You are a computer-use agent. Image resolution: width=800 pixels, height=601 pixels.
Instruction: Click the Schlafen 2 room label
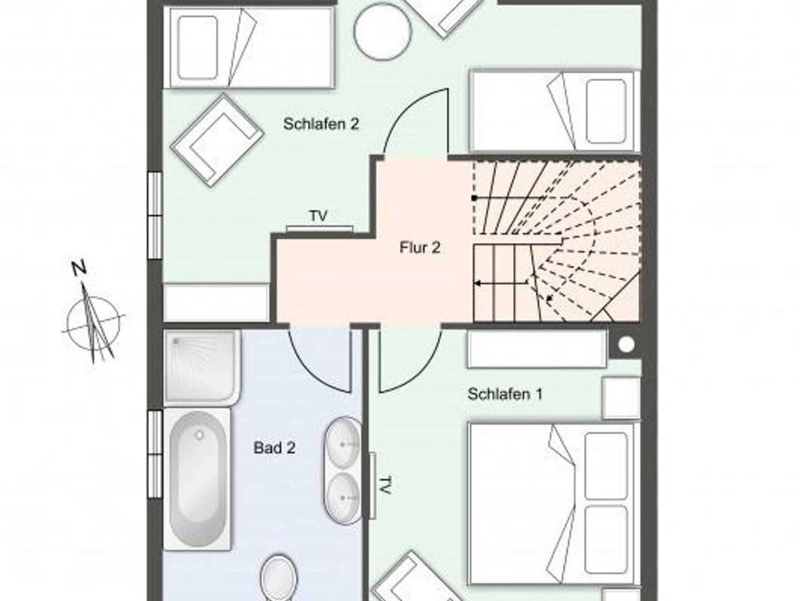pos(321,124)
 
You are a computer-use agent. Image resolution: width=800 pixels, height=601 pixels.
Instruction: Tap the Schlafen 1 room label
pos(505,394)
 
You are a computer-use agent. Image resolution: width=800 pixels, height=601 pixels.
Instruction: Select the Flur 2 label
pos(420,247)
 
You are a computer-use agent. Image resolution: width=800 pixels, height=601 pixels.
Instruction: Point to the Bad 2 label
pos(274,447)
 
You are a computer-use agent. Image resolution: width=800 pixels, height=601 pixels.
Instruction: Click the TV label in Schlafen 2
pos(318,216)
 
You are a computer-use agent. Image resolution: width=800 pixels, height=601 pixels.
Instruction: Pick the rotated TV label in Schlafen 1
pos(385,485)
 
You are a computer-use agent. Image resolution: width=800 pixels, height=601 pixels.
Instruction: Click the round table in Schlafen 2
pos(383,32)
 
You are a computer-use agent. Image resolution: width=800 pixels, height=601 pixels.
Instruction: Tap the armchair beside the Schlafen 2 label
pos(217,141)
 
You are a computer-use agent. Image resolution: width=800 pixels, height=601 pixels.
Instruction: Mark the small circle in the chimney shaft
pos(627,344)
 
